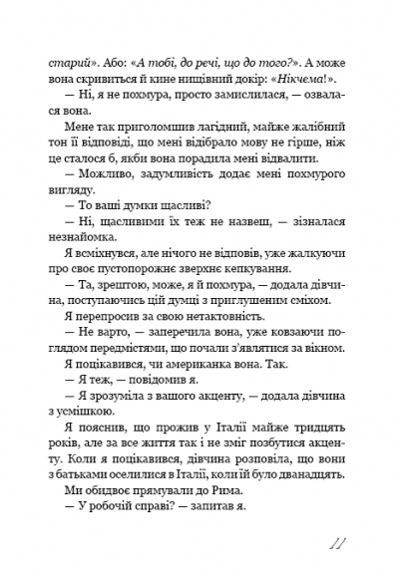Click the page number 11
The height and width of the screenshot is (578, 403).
tap(335, 544)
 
